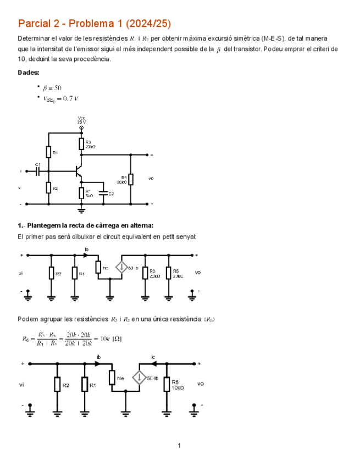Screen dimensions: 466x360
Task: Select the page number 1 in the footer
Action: tap(179, 445)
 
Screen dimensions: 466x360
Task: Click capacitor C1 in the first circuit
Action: tap(37, 171)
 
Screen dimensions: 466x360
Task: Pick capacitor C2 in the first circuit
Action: tap(103, 193)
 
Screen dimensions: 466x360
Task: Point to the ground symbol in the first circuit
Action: tap(81, 209)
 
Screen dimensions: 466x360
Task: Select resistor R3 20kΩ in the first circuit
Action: tap(81, 144)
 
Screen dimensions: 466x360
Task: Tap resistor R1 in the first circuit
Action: tap(48, 152)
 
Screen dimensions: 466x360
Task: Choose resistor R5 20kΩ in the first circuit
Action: tap(130, 180)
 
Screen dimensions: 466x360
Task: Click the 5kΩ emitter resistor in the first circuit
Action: tap(81, 193)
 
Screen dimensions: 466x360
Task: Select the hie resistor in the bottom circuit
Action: tap(112, 378)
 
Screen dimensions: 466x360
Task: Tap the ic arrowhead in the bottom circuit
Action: tap(153, 363)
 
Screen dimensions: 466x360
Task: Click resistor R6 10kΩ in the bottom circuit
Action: tap(166, 385)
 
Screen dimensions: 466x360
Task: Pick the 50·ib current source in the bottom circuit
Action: tap(140, 378)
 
